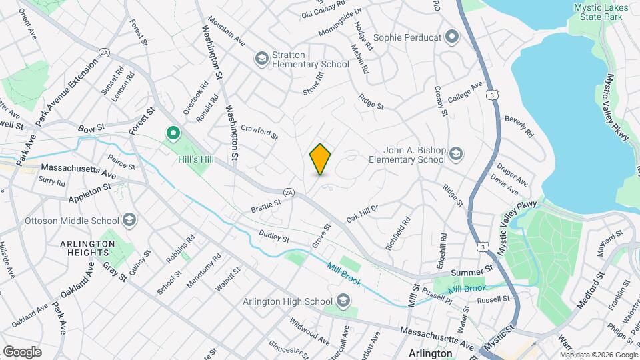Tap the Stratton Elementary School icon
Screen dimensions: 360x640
click(x=261, y=59)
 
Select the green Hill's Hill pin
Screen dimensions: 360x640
click(x=173, y=134)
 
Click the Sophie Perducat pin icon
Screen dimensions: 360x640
click(x=453, y=37)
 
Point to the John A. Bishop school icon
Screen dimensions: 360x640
click(x=456, y=155)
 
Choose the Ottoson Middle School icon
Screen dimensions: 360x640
click(x=129, y=220)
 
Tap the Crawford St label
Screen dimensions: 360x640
click(x=259, y=132)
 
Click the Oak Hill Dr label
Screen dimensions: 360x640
click(x=363, y=213)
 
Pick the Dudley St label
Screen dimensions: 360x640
click(x=274, y=237)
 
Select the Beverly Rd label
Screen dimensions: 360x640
click(x=519, y=126)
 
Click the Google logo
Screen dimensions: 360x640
click(x=22, y=351)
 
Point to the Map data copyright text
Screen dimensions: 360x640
click(x=599, y=355)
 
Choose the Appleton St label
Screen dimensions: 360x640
click(x=89, y=194)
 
